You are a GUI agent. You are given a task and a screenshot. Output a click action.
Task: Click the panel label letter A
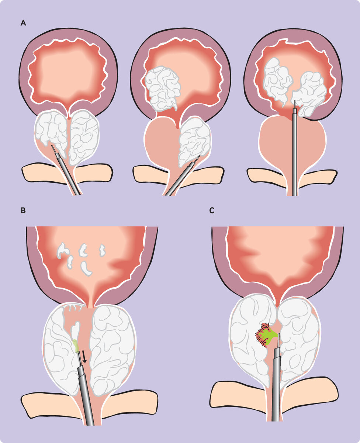click(x=23, y=23)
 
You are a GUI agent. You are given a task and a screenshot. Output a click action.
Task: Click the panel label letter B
click(x=23, y=211)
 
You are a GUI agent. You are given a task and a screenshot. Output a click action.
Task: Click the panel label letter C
click(x=211, y=211)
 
